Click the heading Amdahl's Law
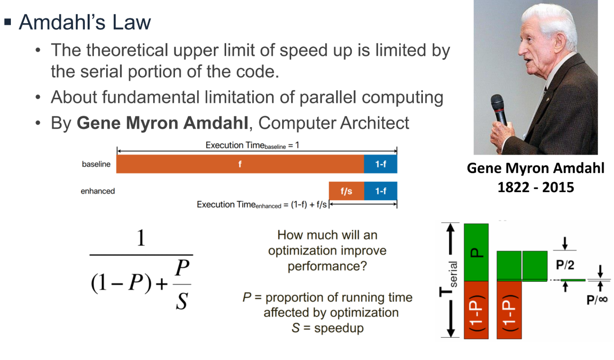pyautogui.click(x=84, y=22)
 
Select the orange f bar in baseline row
pyautogui.click(x=240, y=164)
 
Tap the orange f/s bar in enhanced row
pyautogui.click(x=346, y=191)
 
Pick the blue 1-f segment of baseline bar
pyautogui.click(x=380, y=164)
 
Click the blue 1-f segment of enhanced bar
pyautogui.click(x=380, y=191)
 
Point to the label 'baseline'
pyautogui.click(x=96, y=165)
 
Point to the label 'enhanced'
pyautogui.click(x=98, y=191)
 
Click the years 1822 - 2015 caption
pyautogui.click(x=536, y=187)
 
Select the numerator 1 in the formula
pyautogui.click(x=141, y=239)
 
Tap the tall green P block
pyautogui.click(x=477, y=251)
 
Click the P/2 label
pyautogui.click(x=566, y=266)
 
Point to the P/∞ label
pyautogui.click(x=596, y=300)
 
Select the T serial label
pyautogui.click(x=450, y=280)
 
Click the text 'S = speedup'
pyautogui.click(x=327, y=328)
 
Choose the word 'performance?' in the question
pyautogui.click(x=327, y=266)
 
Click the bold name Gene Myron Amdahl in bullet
pyautogui.click(x=162, y=123)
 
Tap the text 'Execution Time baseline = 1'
pyautogui.click(x=252, y=145)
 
